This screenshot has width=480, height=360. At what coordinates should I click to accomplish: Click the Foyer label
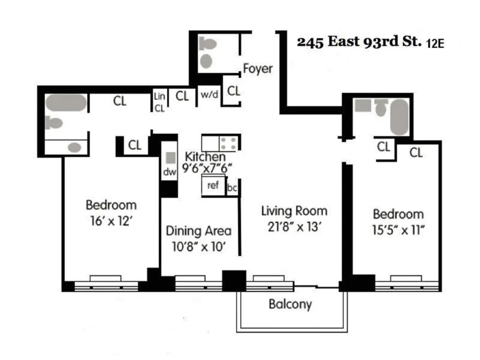click(x=258, y=69)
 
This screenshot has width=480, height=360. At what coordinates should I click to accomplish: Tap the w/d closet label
click(x=209, y=95)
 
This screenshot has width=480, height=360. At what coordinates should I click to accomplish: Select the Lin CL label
click(x=160, y=102)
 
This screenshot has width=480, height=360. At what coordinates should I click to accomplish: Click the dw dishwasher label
click(x=169, y=172)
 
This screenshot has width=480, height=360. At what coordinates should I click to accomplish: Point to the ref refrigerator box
click(x=213, y=184)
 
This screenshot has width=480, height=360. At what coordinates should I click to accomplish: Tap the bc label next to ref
click(x=232, y=188)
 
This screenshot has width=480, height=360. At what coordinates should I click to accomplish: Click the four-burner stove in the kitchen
click(x=228, y=144)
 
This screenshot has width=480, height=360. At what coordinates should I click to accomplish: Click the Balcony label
click(x=290, y=304)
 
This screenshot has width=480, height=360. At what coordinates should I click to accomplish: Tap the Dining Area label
click(x=198, y=231)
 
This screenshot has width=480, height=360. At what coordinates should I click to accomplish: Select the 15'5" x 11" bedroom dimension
click(x=398, y=230)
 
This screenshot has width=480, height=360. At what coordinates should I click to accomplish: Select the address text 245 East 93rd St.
click(x=359, y=42)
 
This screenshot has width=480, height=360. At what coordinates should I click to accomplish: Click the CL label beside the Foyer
click(x=233, y=91)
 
